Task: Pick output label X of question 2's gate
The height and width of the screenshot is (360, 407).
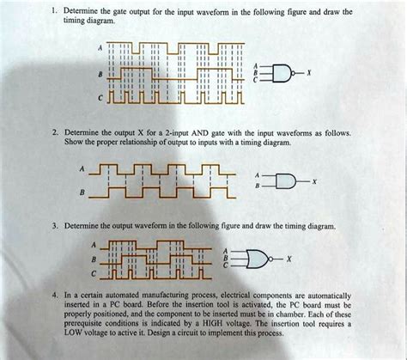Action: coord(315,182)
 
